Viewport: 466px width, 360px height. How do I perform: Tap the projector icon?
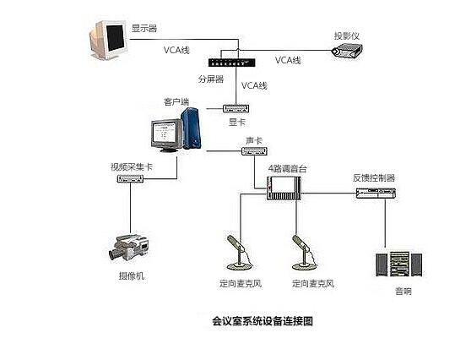tap(347, 52)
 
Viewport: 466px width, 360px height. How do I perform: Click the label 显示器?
tap(144, 29)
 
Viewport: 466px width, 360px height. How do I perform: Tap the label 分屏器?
tap(210, 79)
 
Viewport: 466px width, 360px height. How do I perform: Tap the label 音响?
tap(404, 292)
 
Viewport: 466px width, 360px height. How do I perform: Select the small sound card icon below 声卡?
tap(254, 151)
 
